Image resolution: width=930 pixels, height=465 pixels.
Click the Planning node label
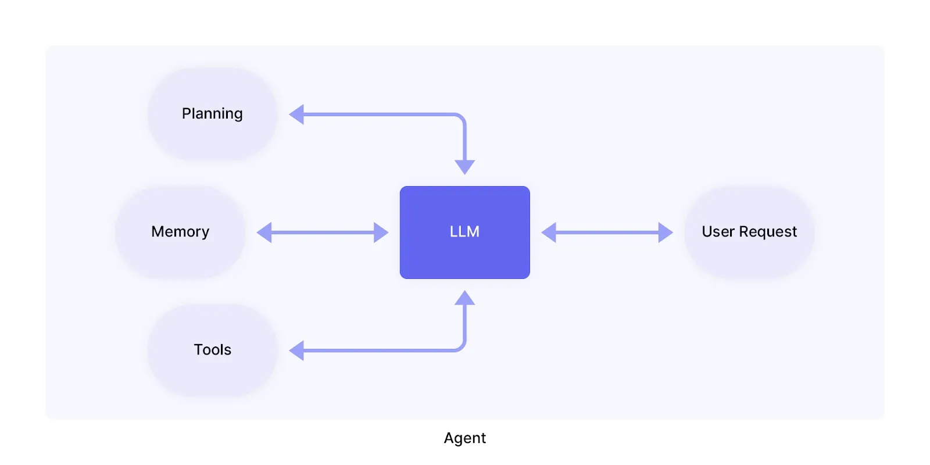[212, 113]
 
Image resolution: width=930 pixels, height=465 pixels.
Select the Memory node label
[180, 231]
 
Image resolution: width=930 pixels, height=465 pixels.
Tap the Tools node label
[212, 349]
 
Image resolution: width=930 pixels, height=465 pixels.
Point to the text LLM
[464, 231]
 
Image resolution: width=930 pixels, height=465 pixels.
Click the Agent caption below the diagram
[464, 438]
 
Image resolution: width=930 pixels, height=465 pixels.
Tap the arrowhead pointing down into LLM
[464, 167]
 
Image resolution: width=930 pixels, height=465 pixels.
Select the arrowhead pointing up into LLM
[464, 298]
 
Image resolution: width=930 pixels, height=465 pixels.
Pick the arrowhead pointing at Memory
[264, 233]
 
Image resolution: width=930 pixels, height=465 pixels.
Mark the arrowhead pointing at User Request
[665, 233]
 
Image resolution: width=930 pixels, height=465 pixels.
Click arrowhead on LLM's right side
[549, 233]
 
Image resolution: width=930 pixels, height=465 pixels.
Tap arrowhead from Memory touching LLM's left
[381, 233]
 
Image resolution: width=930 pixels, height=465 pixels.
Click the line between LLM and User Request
[607, 233]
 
